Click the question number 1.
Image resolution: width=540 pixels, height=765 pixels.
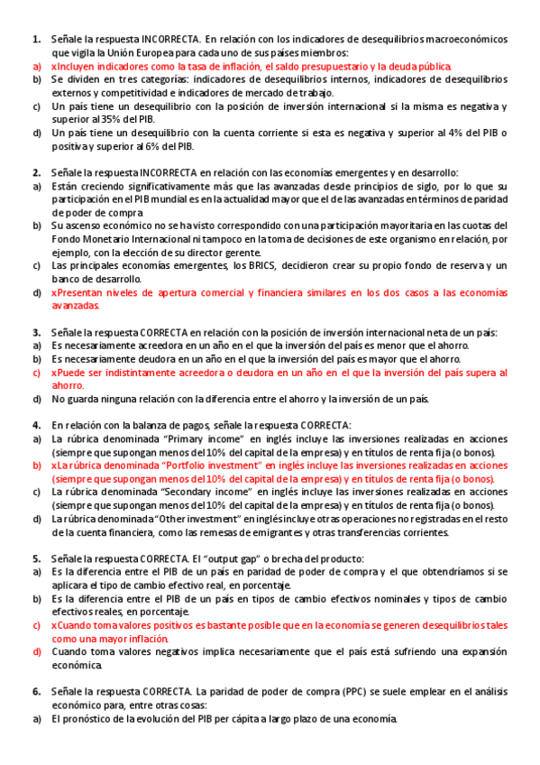pyautogui.click(x=36, y=40)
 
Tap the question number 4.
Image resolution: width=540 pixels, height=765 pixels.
pyautogui.click(x=36, y=425)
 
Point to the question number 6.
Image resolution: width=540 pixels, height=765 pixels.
pyautogui.click(x=36, y=692)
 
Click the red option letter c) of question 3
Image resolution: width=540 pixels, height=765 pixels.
pyautogui.click(x=37, y=372)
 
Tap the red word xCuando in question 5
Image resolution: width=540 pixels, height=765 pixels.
pyautogui.click(x=74, y=625)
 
